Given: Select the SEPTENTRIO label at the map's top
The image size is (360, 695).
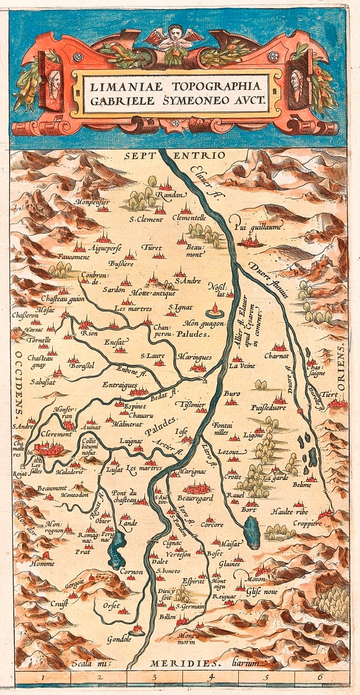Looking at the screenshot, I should coord(175,156).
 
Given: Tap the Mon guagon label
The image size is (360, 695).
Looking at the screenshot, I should coord(204,324).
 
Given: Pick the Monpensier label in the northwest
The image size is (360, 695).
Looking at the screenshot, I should coord(92,202).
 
